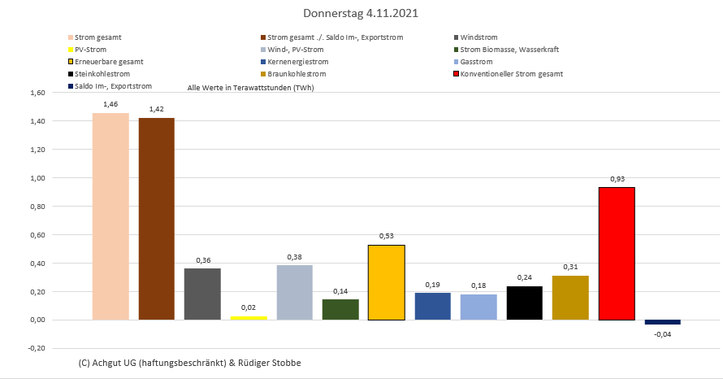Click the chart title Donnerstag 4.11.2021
coord(361,14)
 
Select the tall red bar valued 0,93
coord(617,254)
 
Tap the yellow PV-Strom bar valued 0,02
coord(249,317)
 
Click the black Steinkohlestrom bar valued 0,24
coord(525,303)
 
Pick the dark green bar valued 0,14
coord(340,309)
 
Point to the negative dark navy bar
coord(663,322)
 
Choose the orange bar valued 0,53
coord(387,282)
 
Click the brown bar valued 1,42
coord(157,219)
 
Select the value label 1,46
coord(110,105)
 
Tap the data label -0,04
coord(663,333)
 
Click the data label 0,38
coord(294,257)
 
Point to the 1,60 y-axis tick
coord(36,93)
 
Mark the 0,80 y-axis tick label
coord(36,207)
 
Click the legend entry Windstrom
coord(478,37)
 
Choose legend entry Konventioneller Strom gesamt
coord(511,74)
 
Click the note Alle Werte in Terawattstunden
coord(250,87)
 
